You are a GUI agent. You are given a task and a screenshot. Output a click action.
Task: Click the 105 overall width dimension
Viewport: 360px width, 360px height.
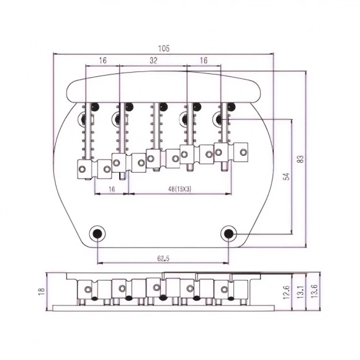coord(164,48)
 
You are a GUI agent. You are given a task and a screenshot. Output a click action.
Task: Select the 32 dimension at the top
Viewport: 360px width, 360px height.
coord(153,60)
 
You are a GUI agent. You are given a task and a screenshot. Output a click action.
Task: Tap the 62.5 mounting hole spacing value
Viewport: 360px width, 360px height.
coord(163,259)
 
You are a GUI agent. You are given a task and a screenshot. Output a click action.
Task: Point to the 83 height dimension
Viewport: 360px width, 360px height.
coord(300,159)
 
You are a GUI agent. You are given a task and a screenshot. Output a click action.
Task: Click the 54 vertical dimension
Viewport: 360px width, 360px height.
coord(286,176)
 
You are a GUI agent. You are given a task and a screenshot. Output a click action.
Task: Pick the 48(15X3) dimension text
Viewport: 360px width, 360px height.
coord(179,189)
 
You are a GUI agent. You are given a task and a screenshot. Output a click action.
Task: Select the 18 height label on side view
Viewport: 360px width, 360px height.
coord(42,291)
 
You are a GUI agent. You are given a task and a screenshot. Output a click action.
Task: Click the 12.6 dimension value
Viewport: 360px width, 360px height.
coord(286,292)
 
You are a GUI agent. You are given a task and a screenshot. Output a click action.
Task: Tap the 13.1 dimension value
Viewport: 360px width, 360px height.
coord(300,292)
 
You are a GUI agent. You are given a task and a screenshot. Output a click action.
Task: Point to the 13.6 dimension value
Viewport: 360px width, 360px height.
coord(314,292)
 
